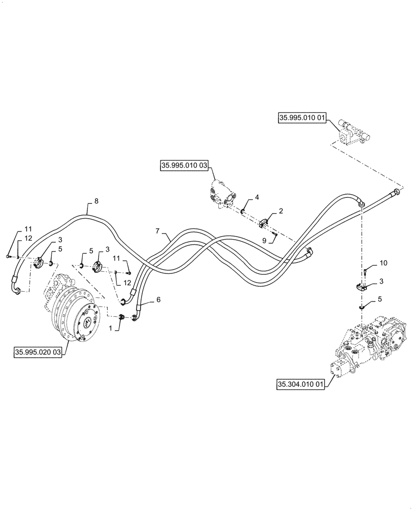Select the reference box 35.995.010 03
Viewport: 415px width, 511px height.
[x=185, y=166]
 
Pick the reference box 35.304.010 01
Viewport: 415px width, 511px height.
[x=301, y=385]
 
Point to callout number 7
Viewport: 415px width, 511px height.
[x=158, y=231]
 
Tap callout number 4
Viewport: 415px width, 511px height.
[x=257, y=196]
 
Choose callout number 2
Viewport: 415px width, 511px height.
[x=280, y=211]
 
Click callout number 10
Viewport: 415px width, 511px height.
[x=384, y=263]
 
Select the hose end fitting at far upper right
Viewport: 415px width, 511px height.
[x=397, y=192]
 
